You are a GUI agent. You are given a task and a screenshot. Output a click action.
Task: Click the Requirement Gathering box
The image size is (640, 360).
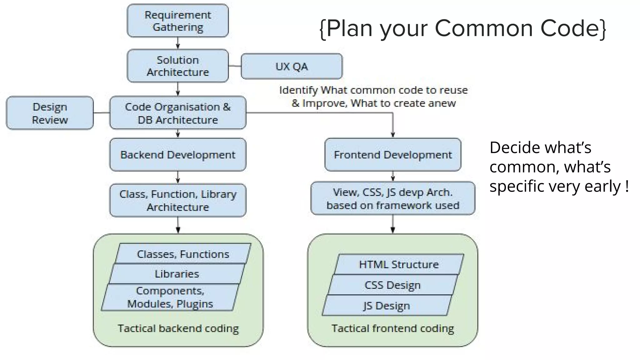177,21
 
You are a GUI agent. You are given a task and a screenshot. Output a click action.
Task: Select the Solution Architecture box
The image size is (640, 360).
177,66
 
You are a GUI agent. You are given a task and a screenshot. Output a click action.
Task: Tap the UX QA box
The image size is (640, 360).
292,66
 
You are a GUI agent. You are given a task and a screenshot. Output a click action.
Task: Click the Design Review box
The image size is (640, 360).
50,113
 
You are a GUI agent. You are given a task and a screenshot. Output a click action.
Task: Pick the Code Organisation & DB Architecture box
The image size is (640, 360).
177,113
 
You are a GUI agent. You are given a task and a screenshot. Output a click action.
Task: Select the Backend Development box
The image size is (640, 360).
177,155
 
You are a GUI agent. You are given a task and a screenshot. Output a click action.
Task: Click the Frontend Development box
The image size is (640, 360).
393,155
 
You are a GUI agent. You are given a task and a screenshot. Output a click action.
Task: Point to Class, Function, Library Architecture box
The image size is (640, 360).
177,200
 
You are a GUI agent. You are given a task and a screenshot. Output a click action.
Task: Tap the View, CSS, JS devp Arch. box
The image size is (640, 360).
393,198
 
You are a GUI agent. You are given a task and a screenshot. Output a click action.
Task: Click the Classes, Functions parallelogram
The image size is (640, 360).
183,254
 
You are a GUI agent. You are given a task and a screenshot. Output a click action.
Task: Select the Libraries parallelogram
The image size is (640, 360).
177,274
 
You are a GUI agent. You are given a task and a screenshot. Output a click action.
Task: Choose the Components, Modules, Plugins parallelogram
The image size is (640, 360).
170,297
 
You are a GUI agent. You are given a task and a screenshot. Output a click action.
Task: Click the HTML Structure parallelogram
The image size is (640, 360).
399,264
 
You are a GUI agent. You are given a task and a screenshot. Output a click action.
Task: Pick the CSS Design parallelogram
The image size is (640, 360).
392,285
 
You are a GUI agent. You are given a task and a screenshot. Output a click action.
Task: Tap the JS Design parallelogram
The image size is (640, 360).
387,305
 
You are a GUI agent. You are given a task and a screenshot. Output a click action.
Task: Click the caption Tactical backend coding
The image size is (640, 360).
178,328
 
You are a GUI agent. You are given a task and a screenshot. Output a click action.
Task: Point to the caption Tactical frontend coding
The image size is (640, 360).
393,328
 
